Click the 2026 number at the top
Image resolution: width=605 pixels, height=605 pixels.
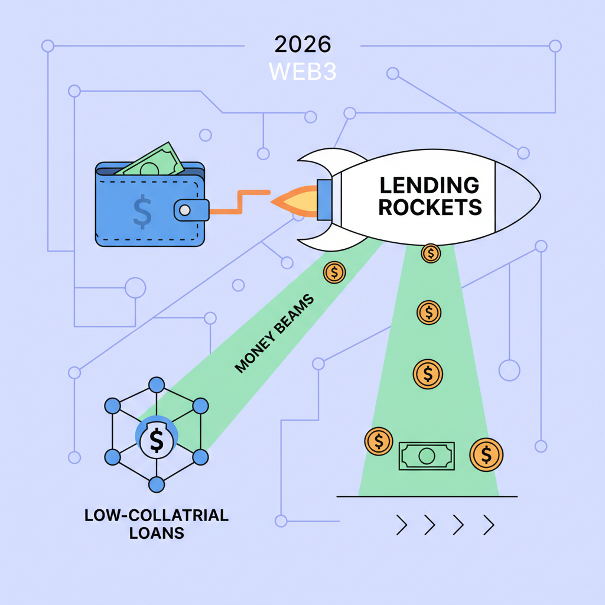[x=302, y=45]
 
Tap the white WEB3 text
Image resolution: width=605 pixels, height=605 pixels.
[x=302, y=71]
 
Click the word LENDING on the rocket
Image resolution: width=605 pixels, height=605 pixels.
[x=429, y=186]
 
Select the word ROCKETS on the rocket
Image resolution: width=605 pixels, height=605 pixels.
[x=430, y=207]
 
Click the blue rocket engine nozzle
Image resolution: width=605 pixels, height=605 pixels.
[x=325, y=197]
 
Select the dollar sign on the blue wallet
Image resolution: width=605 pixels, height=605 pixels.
[x=142, y=213]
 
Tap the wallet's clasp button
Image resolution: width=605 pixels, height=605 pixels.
[x=185, y=210]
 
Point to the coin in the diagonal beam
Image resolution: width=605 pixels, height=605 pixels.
[x=334, y=272]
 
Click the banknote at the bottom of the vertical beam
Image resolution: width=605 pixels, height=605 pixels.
[x=427, y=456]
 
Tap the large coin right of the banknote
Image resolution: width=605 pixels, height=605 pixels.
[x=486, y=454]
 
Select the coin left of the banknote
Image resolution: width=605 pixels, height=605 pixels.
[x=379, y=441]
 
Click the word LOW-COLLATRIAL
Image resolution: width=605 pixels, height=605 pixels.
[x=157, y=515]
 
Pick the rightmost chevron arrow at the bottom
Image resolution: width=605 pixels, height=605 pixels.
[x=488, y=523]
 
